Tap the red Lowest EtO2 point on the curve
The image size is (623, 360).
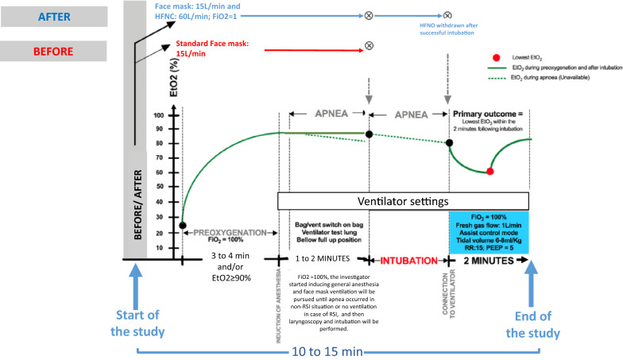pos(489,171)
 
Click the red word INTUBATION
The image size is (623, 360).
pos(406,260)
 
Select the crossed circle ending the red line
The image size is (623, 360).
pos(368,46)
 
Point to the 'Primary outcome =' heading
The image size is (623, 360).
pos(488,111)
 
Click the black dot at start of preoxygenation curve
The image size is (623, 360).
pos(183,226)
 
